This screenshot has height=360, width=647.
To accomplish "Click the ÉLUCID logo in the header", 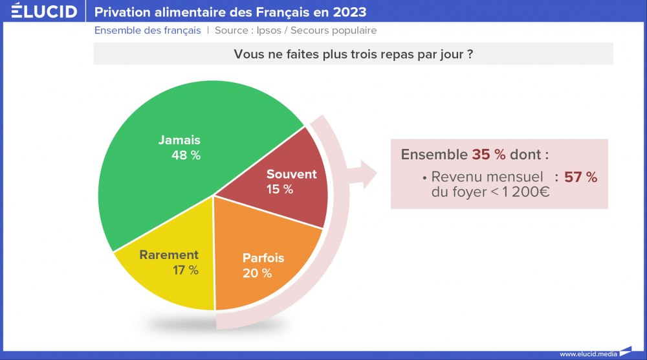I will pos(44,11).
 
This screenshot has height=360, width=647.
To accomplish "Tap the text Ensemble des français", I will pos(148,30).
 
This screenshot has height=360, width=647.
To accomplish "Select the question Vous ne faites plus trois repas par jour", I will pos(353,54).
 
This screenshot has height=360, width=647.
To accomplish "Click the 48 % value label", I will pos(186,155).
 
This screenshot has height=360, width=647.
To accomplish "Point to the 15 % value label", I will pos(280,189).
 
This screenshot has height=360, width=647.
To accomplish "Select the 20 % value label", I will pos(257,273).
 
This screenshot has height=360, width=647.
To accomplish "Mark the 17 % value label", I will pos(185,270).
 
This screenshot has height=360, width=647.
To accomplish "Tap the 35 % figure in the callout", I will pos(488,155).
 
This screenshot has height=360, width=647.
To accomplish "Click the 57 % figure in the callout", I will pos(580,177).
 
